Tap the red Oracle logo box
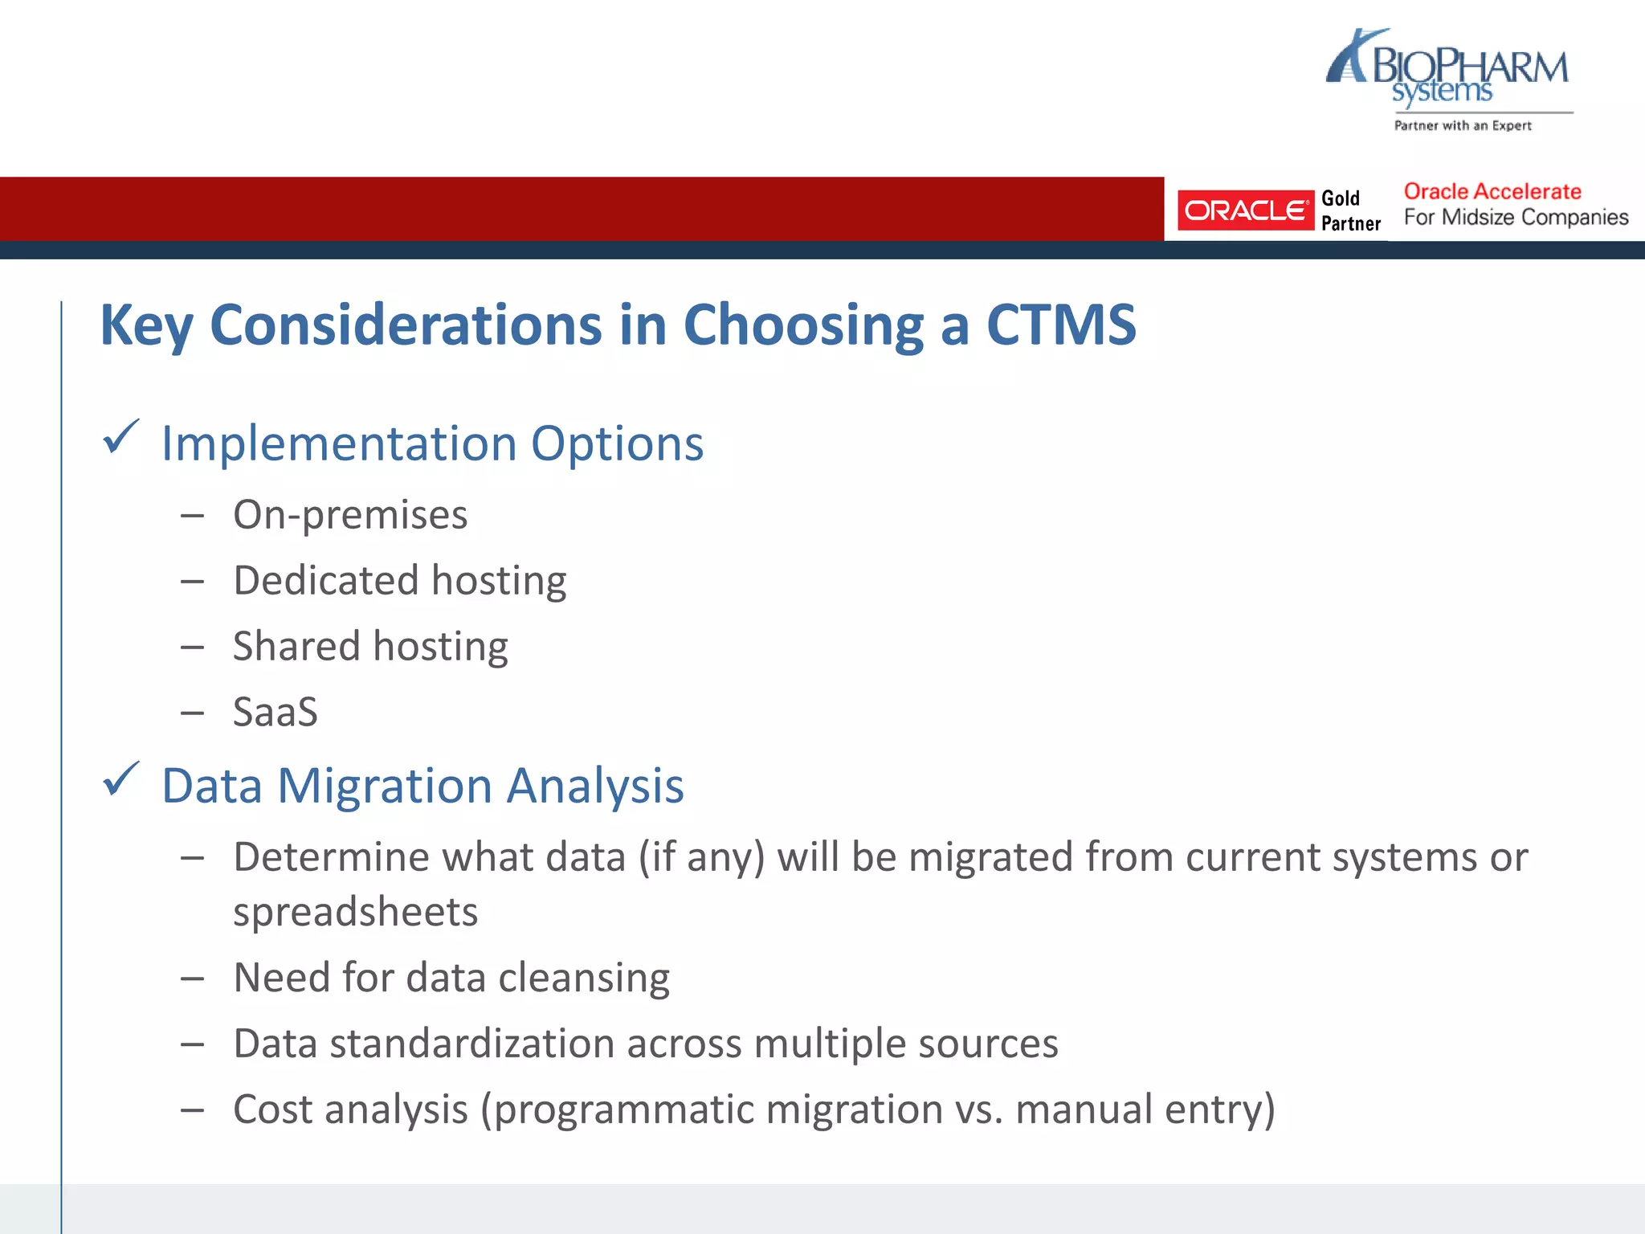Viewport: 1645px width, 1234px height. (x=1245, y=210)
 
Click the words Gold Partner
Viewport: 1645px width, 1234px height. (x=1350, y=210)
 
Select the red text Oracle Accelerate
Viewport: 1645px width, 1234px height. (x=1492, y=192)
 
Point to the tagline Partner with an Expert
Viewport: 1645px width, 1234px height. (x=1462, y=125)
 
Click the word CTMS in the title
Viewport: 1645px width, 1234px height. (x=1060, y=325)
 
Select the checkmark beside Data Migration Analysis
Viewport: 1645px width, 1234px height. (x=121, y=780)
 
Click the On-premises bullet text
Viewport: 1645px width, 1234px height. (x=350, y=515)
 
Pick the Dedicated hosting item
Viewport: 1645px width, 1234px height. (x=399, y=581)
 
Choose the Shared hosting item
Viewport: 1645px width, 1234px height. (x=370, y=647)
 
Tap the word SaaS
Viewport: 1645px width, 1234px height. (x=275, y=713)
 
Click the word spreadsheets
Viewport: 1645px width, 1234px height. (x=355, y=913)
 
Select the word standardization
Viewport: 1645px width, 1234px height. (x=472, y=1044)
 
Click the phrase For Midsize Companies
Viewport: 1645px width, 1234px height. (x=1516, y=218)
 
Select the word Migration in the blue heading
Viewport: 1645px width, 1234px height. (x=384, y=786)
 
